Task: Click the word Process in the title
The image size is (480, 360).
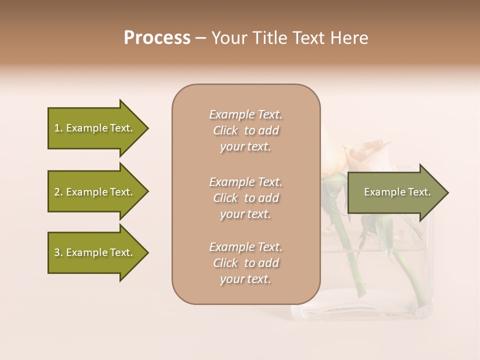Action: [157, 38]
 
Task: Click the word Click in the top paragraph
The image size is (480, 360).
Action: [225, 130]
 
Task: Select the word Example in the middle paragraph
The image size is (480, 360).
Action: [231, 182]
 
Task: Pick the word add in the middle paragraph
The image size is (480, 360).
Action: [268, 198]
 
